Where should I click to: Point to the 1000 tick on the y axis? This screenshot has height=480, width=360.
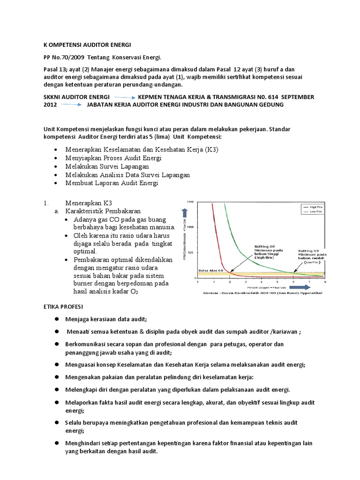(190, 227)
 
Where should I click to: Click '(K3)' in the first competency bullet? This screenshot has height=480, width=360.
(209, 150)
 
